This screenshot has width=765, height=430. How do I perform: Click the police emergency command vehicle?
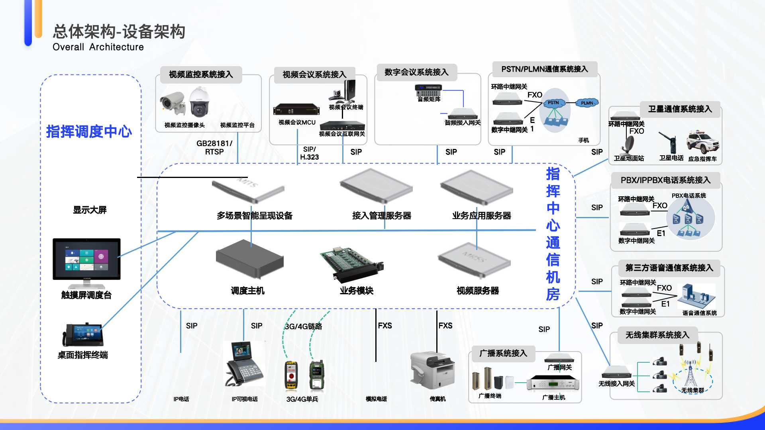click(702, 142)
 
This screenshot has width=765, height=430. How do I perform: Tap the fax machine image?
click(433, 370)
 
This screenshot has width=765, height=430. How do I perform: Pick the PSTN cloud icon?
click(553, 103)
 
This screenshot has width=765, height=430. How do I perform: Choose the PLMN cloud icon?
click(587, 103)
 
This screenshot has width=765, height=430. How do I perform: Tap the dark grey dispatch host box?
click(249, 259)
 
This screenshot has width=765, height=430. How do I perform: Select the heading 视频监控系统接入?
click(201, 74)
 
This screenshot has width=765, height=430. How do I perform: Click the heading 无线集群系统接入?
click(657, 335)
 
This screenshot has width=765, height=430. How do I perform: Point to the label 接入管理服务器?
click(381, 216)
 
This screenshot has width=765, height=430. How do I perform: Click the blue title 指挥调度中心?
click(89, 131)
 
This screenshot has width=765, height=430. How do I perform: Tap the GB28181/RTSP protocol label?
click(214, 147)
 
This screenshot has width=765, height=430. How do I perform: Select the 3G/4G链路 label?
click(304, 326)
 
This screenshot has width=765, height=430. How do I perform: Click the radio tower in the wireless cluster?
click(690, 372)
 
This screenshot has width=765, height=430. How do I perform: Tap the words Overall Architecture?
click(98, 47)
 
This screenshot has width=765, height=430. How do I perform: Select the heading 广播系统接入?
click(503, 353)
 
